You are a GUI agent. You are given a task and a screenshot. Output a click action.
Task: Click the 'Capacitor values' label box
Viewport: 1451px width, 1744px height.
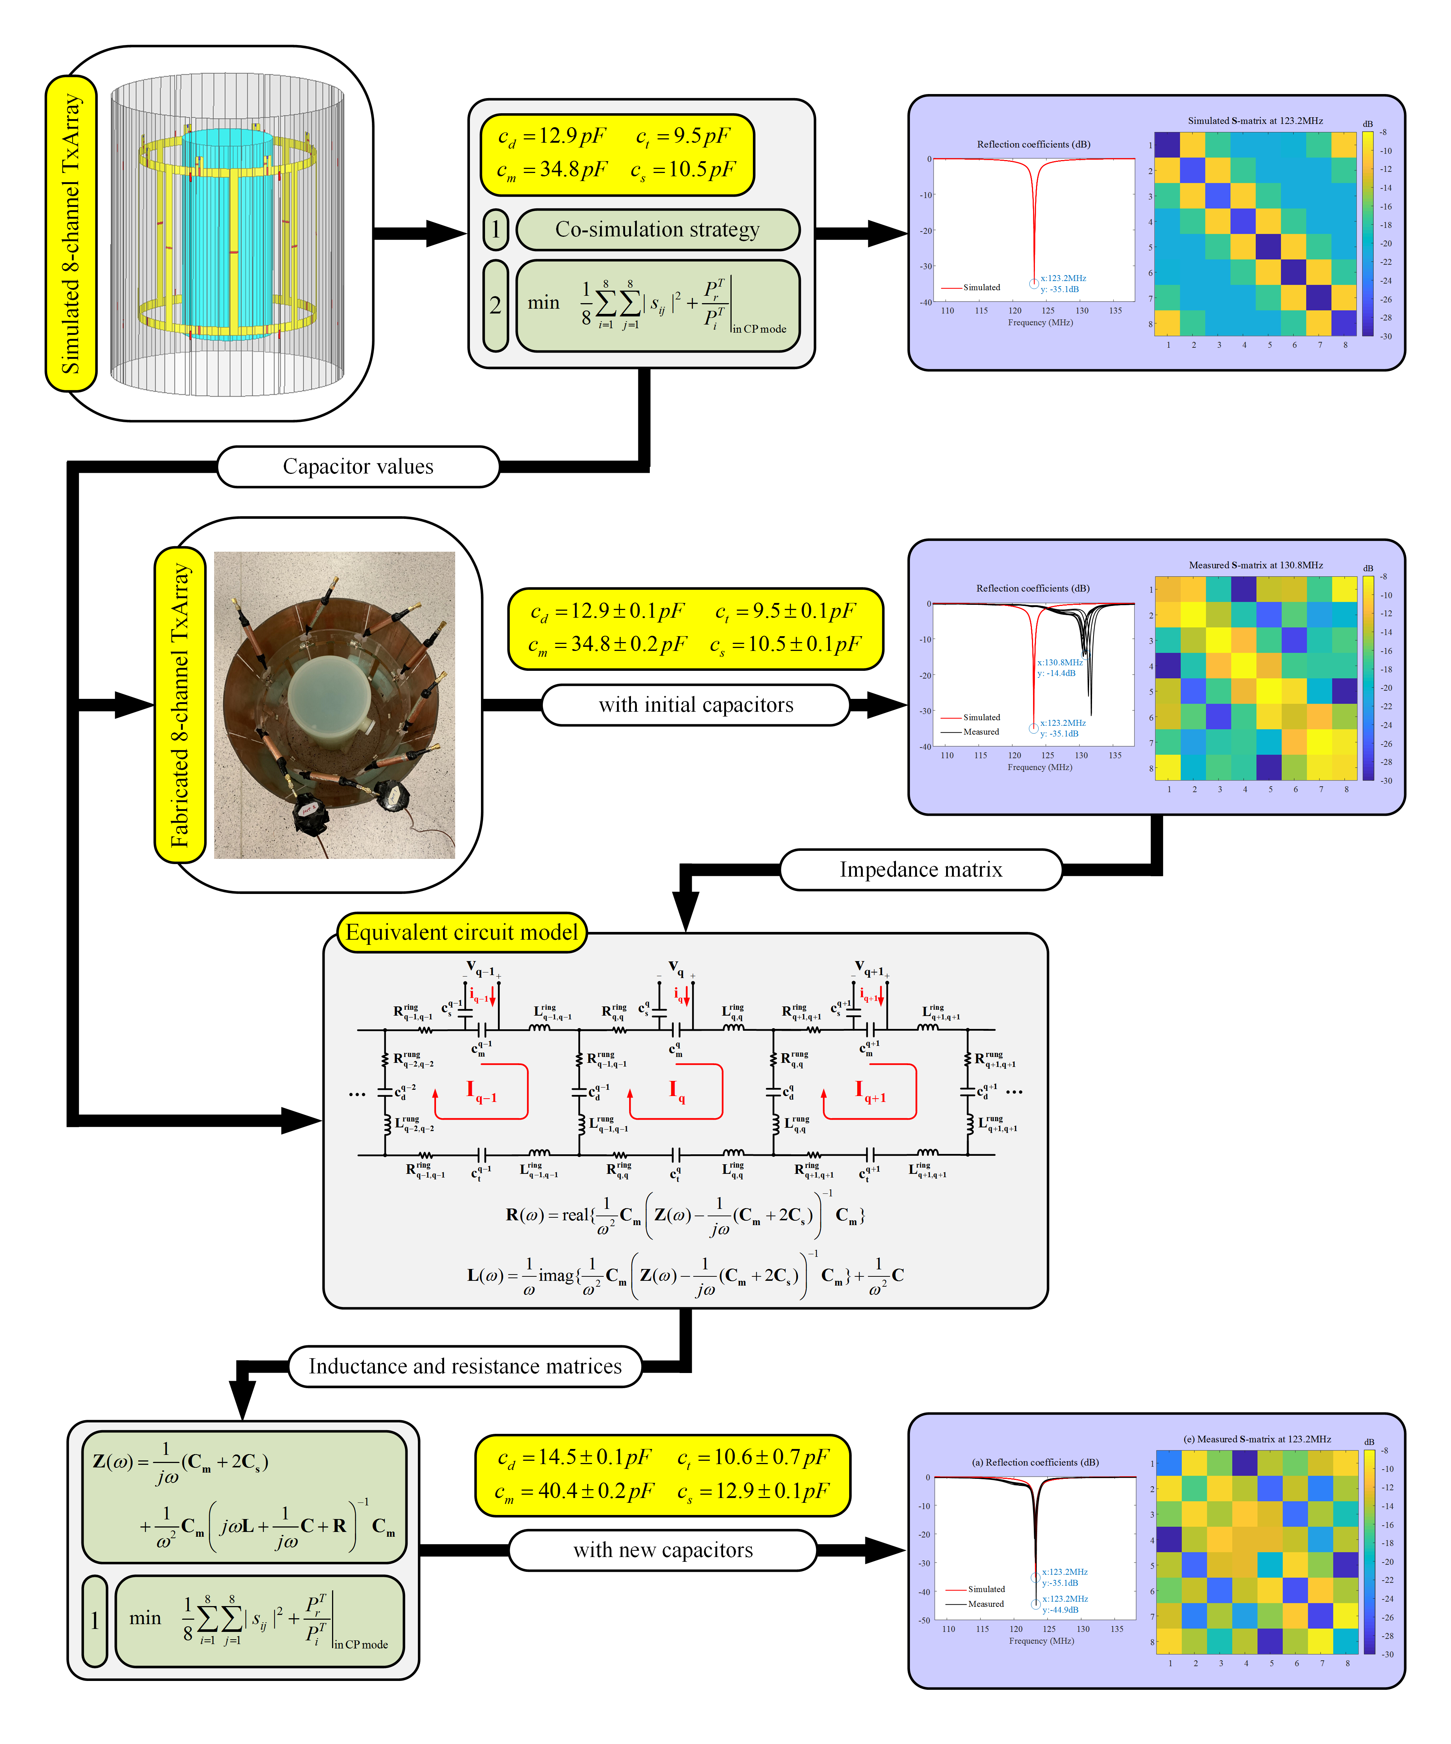click(x=358, y=467)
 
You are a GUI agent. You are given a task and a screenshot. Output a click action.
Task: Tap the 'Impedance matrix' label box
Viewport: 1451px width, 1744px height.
click(x=921, y=870)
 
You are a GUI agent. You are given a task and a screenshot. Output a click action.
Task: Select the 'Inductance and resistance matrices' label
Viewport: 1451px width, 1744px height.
click(x=465, y=1366)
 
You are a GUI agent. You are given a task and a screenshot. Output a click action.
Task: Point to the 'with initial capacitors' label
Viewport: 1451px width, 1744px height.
click(x=695, y=705)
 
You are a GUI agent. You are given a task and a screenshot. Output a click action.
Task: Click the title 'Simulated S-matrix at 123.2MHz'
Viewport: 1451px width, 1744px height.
click(x=1255, y=121)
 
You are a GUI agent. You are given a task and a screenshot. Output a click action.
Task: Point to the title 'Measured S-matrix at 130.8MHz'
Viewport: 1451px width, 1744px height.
click(x=1255, y=565)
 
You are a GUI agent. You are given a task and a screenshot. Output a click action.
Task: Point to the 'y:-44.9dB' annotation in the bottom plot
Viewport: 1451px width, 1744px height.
click(x=1061, y=1609)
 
